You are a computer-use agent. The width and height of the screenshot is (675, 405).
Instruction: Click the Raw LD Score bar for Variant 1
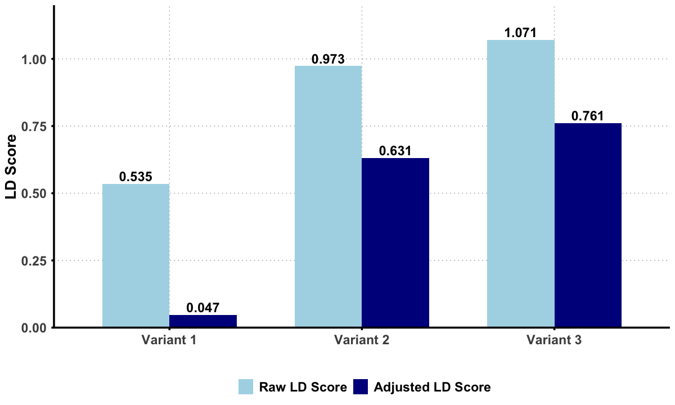[x=136, y=256]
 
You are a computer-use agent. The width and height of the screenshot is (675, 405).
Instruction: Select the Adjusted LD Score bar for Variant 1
[x=203, y=321]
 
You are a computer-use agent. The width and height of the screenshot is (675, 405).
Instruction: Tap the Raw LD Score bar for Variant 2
[x=328, y=197]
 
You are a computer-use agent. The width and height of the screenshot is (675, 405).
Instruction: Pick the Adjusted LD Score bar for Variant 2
[x=395, y=243]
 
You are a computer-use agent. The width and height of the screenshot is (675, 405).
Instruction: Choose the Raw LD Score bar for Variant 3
[x=520, y=184]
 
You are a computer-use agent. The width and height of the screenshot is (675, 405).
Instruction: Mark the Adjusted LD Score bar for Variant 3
[x=588, y=226]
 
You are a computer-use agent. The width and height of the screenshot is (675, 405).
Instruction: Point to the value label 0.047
[x=203, y=308]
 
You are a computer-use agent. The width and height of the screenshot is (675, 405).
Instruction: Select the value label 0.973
[x=328, y=59]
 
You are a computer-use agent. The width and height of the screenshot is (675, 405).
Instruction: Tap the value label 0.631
[x=395, y=151]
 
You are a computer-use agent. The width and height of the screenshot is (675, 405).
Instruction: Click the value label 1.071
[x=520, y=33]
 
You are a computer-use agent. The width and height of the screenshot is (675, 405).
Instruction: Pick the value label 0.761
[x=588, y=116]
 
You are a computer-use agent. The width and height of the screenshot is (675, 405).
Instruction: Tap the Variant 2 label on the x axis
[x=362, y=340]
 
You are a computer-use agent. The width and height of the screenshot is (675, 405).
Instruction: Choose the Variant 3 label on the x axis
[x=554, y=340]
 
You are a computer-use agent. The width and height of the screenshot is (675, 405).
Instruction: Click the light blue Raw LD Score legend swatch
[x=246, y=387]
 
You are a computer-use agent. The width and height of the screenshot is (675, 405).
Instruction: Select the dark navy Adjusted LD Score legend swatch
[x=361, y=387]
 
